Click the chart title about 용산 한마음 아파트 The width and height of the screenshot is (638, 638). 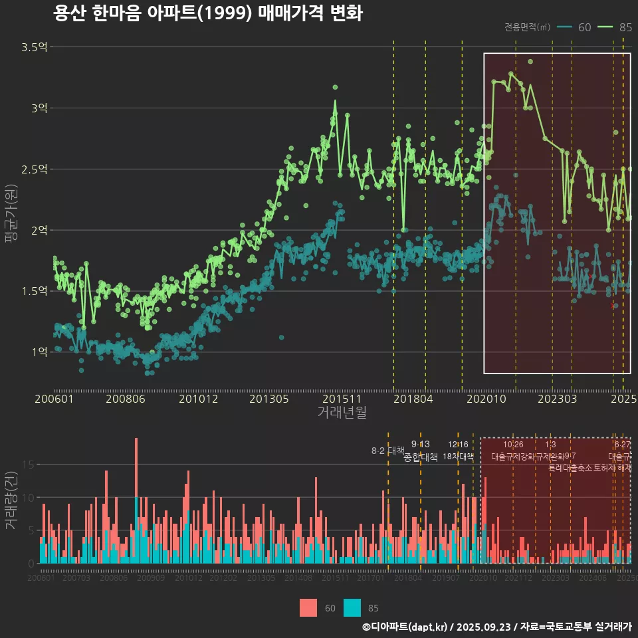[x=207, y=13]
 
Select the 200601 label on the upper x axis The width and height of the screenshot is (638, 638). [x=54, y=399]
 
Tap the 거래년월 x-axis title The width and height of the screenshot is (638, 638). [x=342, y=413]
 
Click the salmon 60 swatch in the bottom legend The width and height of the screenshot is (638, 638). [x=308, y=607]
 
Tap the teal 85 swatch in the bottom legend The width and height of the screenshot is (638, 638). [x=352, y=607]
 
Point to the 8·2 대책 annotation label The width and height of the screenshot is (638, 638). [x=388, y=451]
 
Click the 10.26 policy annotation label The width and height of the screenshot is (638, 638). [x=513, y=444]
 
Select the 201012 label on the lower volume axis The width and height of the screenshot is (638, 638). [x=189, y=578]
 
